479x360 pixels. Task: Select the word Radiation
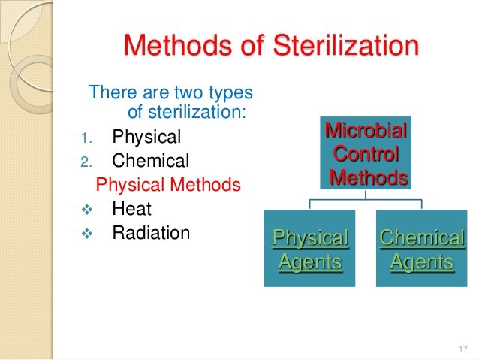click(x=151, y=233)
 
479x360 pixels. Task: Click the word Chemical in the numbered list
click(x=150, y=161)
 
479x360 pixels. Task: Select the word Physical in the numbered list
click(x=146, y=138)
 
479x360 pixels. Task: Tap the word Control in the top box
click(x=366, y=155)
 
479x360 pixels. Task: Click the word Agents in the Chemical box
click(x=421, y=262)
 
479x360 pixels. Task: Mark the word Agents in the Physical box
click(x=310, y=262)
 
